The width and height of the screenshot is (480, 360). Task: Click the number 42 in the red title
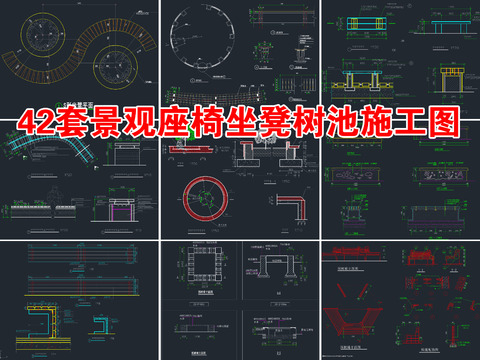(x=49, y=123)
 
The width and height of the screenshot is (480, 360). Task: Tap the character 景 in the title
(x=129, y=123)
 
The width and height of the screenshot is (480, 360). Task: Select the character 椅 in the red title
(x=211, y=123)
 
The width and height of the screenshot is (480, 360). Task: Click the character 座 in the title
(x=170, y=123)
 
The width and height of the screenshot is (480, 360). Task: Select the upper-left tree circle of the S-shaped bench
(x=50, y=37)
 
